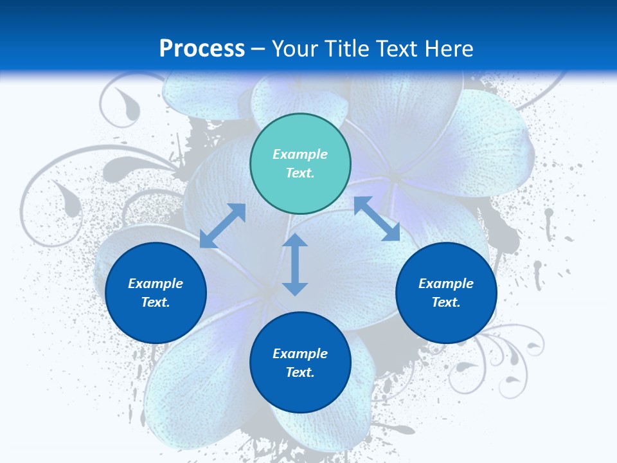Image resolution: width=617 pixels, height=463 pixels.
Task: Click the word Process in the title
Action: pyautogui.click(x=202, y=49)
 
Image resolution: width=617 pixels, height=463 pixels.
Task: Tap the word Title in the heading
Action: pyautogui.click(x=349, y=49)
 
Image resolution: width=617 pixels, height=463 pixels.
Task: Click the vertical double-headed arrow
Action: pyautogui.click(x=295, y=265)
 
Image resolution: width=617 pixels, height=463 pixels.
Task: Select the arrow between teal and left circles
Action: pyautogui.click(x=222, y=226)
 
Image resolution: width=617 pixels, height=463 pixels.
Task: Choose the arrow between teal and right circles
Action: pyautogui.click(x=377, y=219)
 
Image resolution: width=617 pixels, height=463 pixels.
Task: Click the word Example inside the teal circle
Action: pyautogui.click(x=300, y=154)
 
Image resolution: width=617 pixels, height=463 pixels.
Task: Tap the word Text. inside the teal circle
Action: pyautogui.click(x=300, y=173)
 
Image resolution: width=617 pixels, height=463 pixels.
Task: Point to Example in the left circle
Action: pyautogui.click(x=156, y=284)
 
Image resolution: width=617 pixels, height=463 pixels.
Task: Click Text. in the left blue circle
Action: pyautogui.click(x=156, y=302)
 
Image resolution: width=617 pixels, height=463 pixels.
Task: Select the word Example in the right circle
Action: pyautogui.click(x=446, y=284)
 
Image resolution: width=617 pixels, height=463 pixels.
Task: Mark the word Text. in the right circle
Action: pyautogui.click(x=446, y=302)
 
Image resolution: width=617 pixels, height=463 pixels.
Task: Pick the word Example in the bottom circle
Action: pyautogui.click(x=300, y=354)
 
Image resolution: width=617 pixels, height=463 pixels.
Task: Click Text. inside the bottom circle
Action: pyautogui.click(x=300, y=372)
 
